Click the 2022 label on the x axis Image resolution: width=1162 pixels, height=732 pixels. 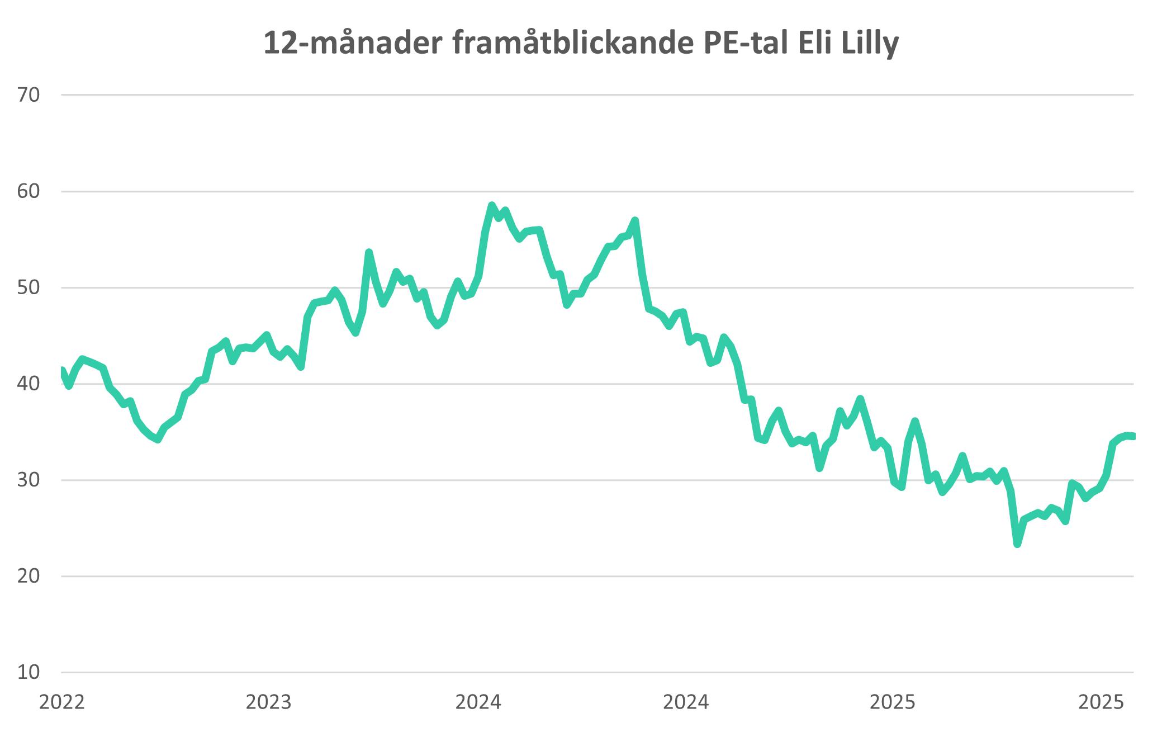point(61,702)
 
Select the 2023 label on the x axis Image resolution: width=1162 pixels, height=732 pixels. point(269,702)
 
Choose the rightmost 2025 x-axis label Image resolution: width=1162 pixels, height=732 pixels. point(1101,702)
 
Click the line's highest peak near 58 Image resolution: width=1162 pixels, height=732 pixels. point(492,205)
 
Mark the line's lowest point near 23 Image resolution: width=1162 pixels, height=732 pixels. point(1018,544)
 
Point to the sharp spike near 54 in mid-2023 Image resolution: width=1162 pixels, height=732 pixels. point(369,252)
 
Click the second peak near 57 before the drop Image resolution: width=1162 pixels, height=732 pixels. point(635,220)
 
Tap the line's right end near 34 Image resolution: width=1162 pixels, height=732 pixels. point(1132,436)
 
